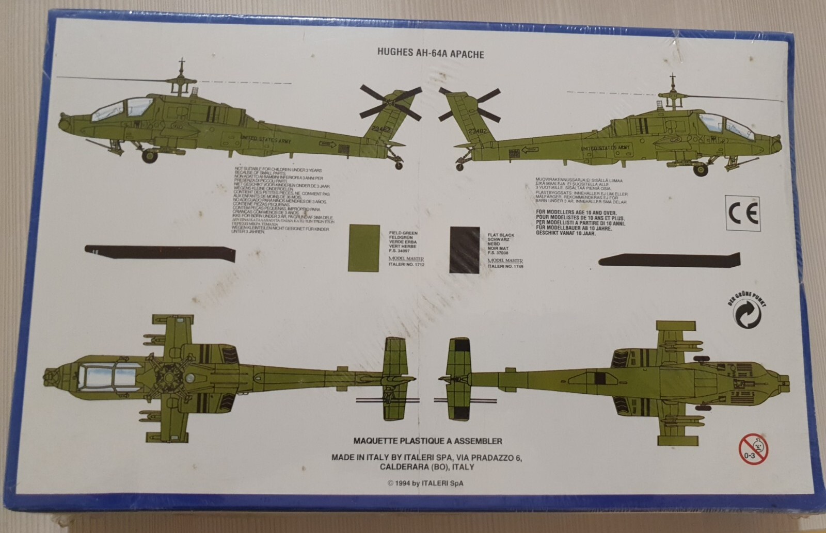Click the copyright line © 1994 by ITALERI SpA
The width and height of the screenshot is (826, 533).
pyautogui.click(x=428, y=483)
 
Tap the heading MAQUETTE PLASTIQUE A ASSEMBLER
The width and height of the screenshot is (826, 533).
pyautogui.click(x=428, y=441)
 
